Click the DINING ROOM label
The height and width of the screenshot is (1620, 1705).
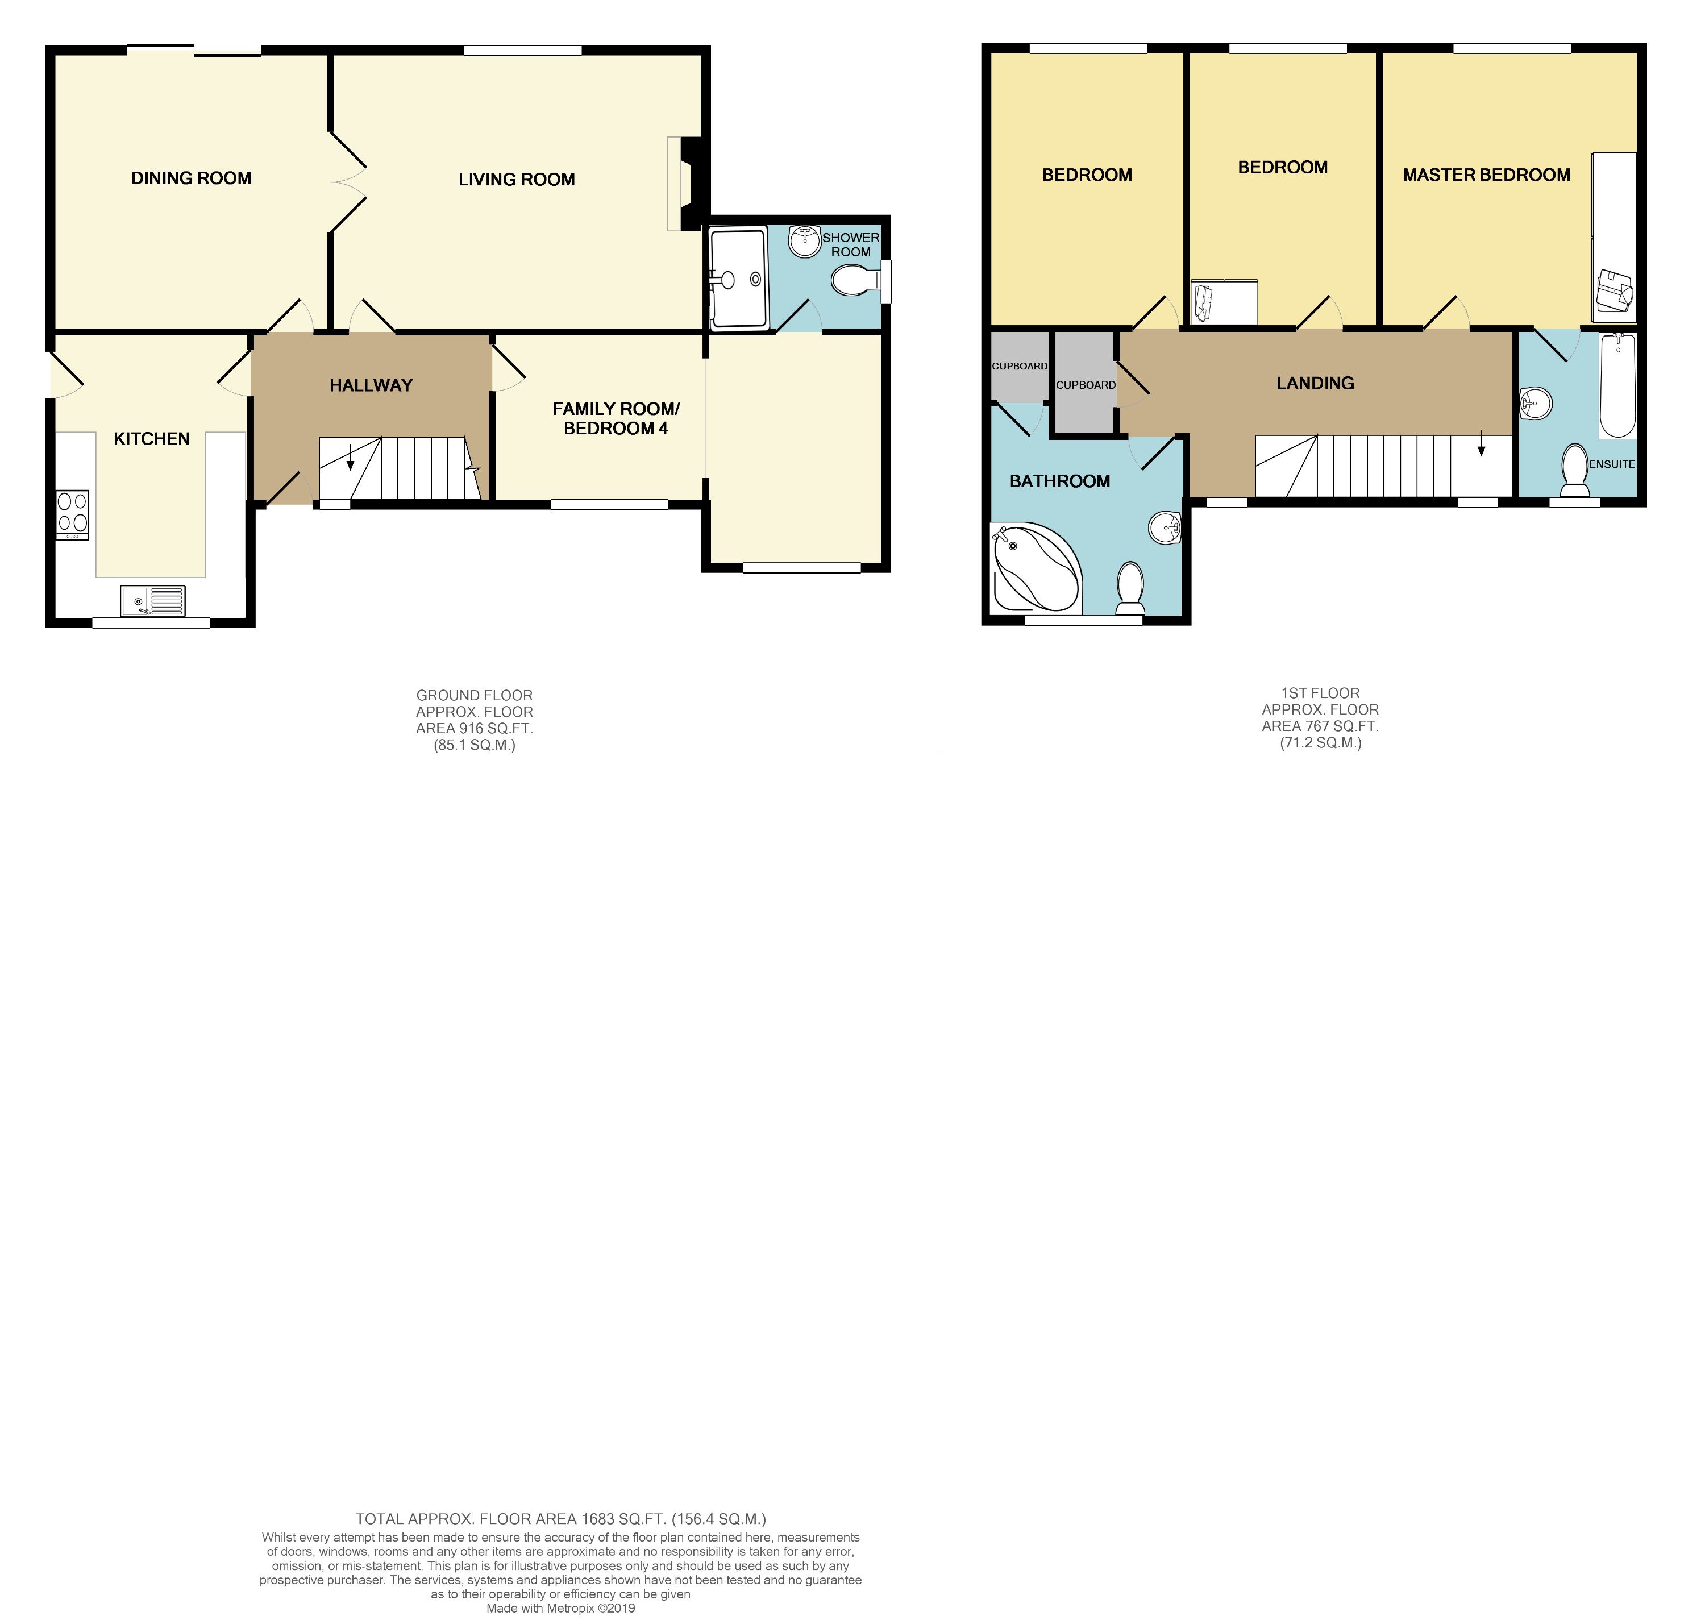pyautogui.click(x=191, y=178)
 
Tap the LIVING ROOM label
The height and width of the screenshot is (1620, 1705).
pyautogui.click(x=516, y=180)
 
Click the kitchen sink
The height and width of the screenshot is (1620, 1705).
pyautogui.click(x=153, y=601)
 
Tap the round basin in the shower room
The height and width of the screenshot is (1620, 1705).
pyautogui.click(x=805, y=241)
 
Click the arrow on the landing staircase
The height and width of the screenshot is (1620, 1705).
pyautogui.click(x=1482, y=443)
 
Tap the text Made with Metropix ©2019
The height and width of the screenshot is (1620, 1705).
pyautogui.click(x=560, y=1608)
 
